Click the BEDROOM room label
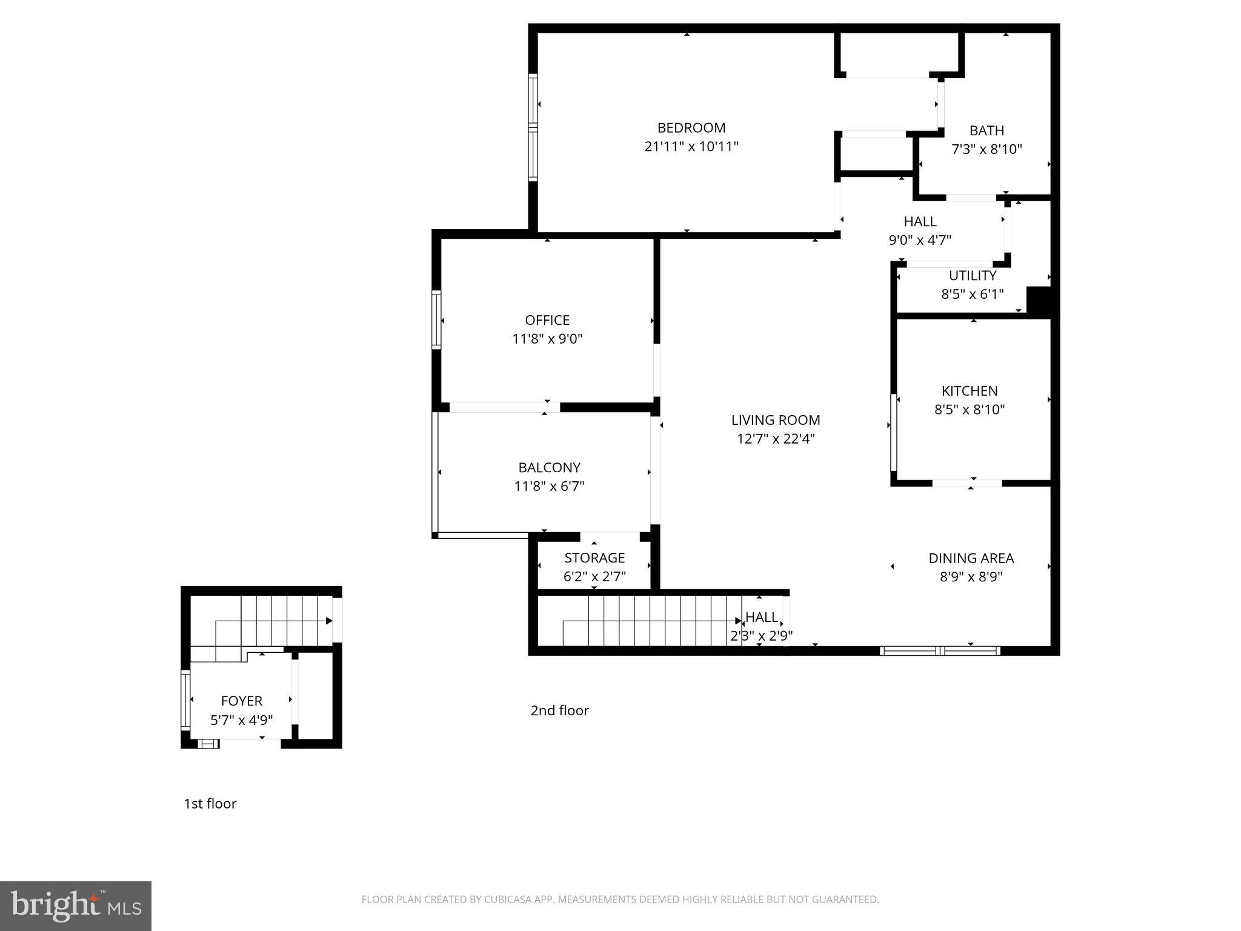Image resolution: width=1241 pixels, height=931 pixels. [x=691, y=128]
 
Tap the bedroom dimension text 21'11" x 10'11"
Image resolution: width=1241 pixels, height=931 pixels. [x=691, y=147]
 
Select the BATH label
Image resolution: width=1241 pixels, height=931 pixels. [x=986, y=130]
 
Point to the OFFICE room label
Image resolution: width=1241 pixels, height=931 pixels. [x=547, y=320]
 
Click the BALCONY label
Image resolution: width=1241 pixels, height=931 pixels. [x=549, y=467]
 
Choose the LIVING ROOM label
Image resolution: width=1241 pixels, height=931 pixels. [x=775, y=420]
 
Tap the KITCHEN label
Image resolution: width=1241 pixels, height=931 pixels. [x=969, y=391]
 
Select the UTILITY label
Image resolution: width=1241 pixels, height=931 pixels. [x=972, y=276]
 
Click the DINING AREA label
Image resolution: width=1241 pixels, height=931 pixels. [x=971, y=558]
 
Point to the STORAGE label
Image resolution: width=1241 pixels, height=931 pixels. [x=594, y=558]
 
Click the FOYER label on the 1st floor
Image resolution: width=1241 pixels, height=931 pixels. [x=241, y=701]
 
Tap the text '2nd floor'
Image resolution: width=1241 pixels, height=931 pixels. [x=559, y=710]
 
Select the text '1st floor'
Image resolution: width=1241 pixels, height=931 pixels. [x=210, y=804]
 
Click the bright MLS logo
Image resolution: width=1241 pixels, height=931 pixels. [x=76, y=906]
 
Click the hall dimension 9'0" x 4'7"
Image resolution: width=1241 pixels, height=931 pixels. [x=919, y=240]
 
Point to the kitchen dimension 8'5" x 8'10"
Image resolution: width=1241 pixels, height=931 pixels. [x=969, y=410]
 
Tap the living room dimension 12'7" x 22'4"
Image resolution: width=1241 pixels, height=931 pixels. [x=775, y=439]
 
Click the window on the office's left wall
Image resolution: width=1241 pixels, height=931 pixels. [x=436, y=319]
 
